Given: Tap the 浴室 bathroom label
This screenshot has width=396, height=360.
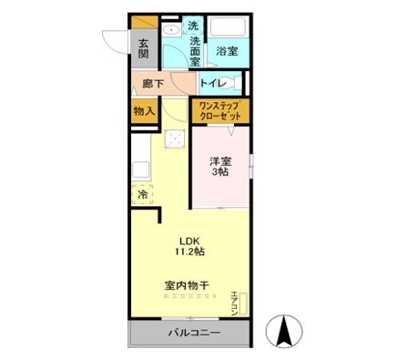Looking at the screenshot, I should (x=227, y=52).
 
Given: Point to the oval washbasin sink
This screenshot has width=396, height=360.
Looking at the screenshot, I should (x=170, y=30).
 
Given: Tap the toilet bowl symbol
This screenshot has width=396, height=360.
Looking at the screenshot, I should (x=235, y=85).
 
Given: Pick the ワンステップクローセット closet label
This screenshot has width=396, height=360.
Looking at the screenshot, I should (x=218, y=112).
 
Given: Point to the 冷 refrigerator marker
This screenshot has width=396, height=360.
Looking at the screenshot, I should (x=143, y=194).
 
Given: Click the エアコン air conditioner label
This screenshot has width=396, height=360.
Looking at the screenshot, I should (x=234, y=302).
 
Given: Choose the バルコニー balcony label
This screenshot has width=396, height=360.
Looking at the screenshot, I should (x=193, y=333).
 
